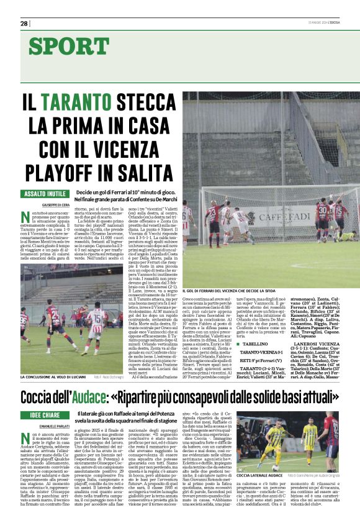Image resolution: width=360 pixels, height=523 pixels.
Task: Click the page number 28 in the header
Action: (x=24, y=24)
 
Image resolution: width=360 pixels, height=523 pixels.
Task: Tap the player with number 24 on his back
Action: (x=96, y=318)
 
